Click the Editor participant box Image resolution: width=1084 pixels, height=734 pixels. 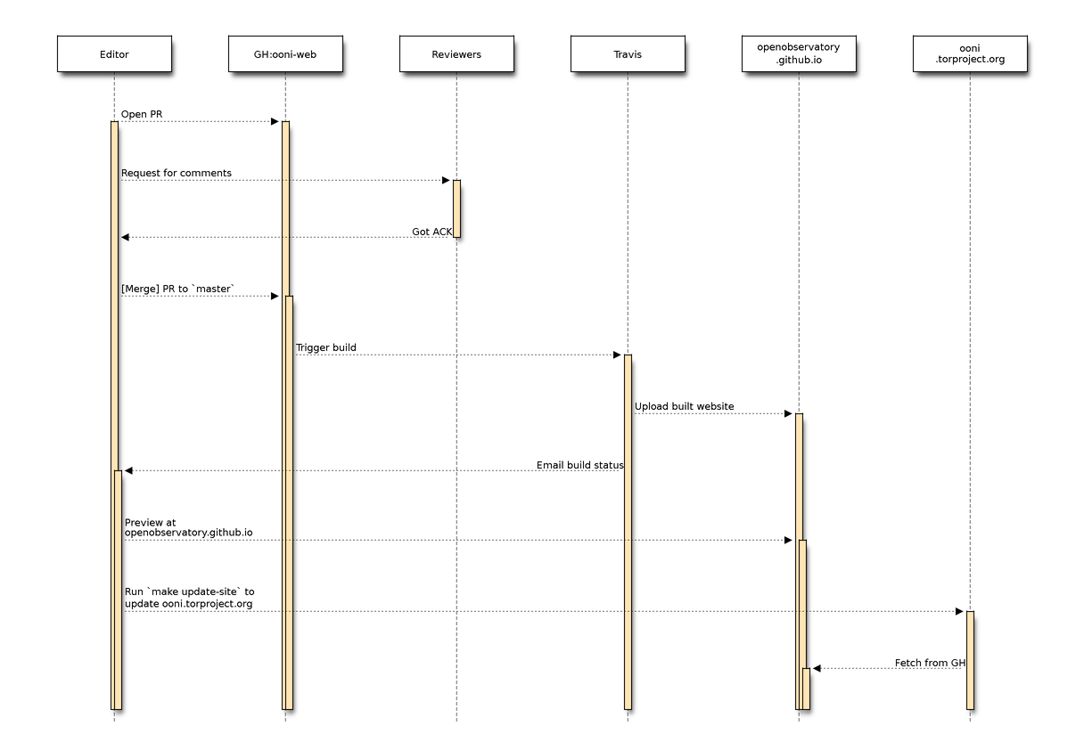pyautogui.click(x=114, y=54)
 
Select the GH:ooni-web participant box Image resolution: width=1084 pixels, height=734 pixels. pyautogui.click(x=285, y=54)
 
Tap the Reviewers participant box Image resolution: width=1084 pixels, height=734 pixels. pyautogui.click(x=456, y=54)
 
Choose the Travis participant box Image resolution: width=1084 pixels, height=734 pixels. pyautogui.click(x=628, y=54)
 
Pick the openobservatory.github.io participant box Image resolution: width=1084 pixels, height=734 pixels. pyautogui.click(x=799, y=54)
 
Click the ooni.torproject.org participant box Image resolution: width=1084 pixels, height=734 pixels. pyautogui.click(x=970, y=54)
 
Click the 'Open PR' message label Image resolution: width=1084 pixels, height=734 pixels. pyautogui.click(x=142, y=114)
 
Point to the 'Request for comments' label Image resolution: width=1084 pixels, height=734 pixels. pyautogui.click(x=177, y=173)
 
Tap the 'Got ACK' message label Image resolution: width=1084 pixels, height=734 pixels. pyautogui.click(x=431, y=232)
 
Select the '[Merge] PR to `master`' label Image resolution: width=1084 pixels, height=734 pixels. pyautogui.click(x=178, y=289)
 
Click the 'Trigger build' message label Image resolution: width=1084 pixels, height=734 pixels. pyautogui.click(x=326, y=347)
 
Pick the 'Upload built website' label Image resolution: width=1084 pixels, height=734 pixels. pyautogui.click(x=685, y=406)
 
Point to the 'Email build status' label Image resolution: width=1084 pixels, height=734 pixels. pyautogui.click(x=579, y=465)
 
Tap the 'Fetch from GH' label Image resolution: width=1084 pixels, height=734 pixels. pyautogui.click(x=930, y=663)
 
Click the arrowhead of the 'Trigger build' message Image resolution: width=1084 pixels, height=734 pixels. pyautogui.click(x=617, y=355)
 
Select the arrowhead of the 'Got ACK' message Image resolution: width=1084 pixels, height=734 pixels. pyautogui.click(x=126, y=237)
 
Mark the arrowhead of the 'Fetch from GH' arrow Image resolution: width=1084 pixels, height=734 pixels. pyautogui.click(x=816, y=668)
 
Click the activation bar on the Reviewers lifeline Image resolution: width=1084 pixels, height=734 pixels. pyautogui.click(x=456, y=208)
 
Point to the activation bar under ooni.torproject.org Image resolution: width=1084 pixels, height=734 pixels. pyautogui.click(x=970, y=659)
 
